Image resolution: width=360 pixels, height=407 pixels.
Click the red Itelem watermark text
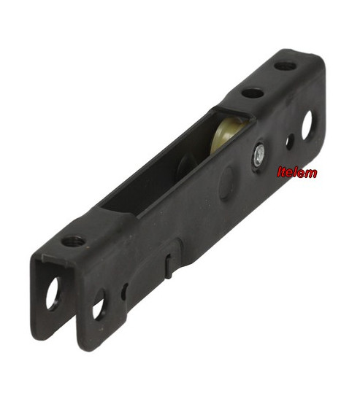pos(297,172)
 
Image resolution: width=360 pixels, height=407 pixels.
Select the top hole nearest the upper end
pos(285,66)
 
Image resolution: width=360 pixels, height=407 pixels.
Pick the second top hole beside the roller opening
pos(253,93)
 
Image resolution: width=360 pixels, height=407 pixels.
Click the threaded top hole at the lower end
pos(73,241)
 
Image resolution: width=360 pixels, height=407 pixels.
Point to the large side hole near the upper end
pos(308,125)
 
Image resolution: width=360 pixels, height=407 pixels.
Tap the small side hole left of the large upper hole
pos(290,142)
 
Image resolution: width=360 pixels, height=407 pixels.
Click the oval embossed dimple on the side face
pos(226,184)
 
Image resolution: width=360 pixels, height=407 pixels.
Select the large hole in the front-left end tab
pos(53,293)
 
